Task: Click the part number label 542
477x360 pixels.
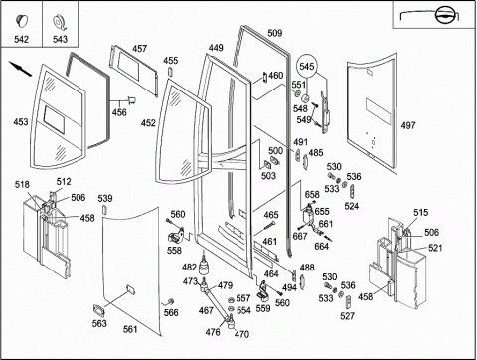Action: pos(21,39)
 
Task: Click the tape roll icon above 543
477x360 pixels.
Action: pos(60,22)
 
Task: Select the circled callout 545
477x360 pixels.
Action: pos(306,66)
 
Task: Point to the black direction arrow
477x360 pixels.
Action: pos(20,69)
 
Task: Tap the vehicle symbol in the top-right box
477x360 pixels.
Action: pos(443,16)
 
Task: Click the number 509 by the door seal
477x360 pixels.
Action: pos(275,33)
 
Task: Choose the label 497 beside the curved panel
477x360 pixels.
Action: pos(408,125)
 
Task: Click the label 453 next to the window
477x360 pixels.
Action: pos(21,122)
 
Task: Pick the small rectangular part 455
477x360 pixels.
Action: pos(170,72)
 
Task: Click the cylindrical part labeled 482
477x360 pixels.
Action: pos(205,266)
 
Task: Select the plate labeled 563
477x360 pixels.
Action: pos(99,310)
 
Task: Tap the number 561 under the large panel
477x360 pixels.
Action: pos(130,329)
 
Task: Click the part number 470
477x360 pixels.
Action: pos(241,334)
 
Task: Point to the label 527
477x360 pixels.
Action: pos(347,316)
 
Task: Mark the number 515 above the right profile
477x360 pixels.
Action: pos(420,213)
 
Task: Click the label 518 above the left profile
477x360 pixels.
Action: pos(22,185)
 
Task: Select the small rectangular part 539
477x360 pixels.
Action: pos(104,211)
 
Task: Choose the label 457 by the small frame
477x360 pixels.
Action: pos(139,49)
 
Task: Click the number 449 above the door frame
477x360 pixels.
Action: pos(216,48)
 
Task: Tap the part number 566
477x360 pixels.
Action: pos(171,312)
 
